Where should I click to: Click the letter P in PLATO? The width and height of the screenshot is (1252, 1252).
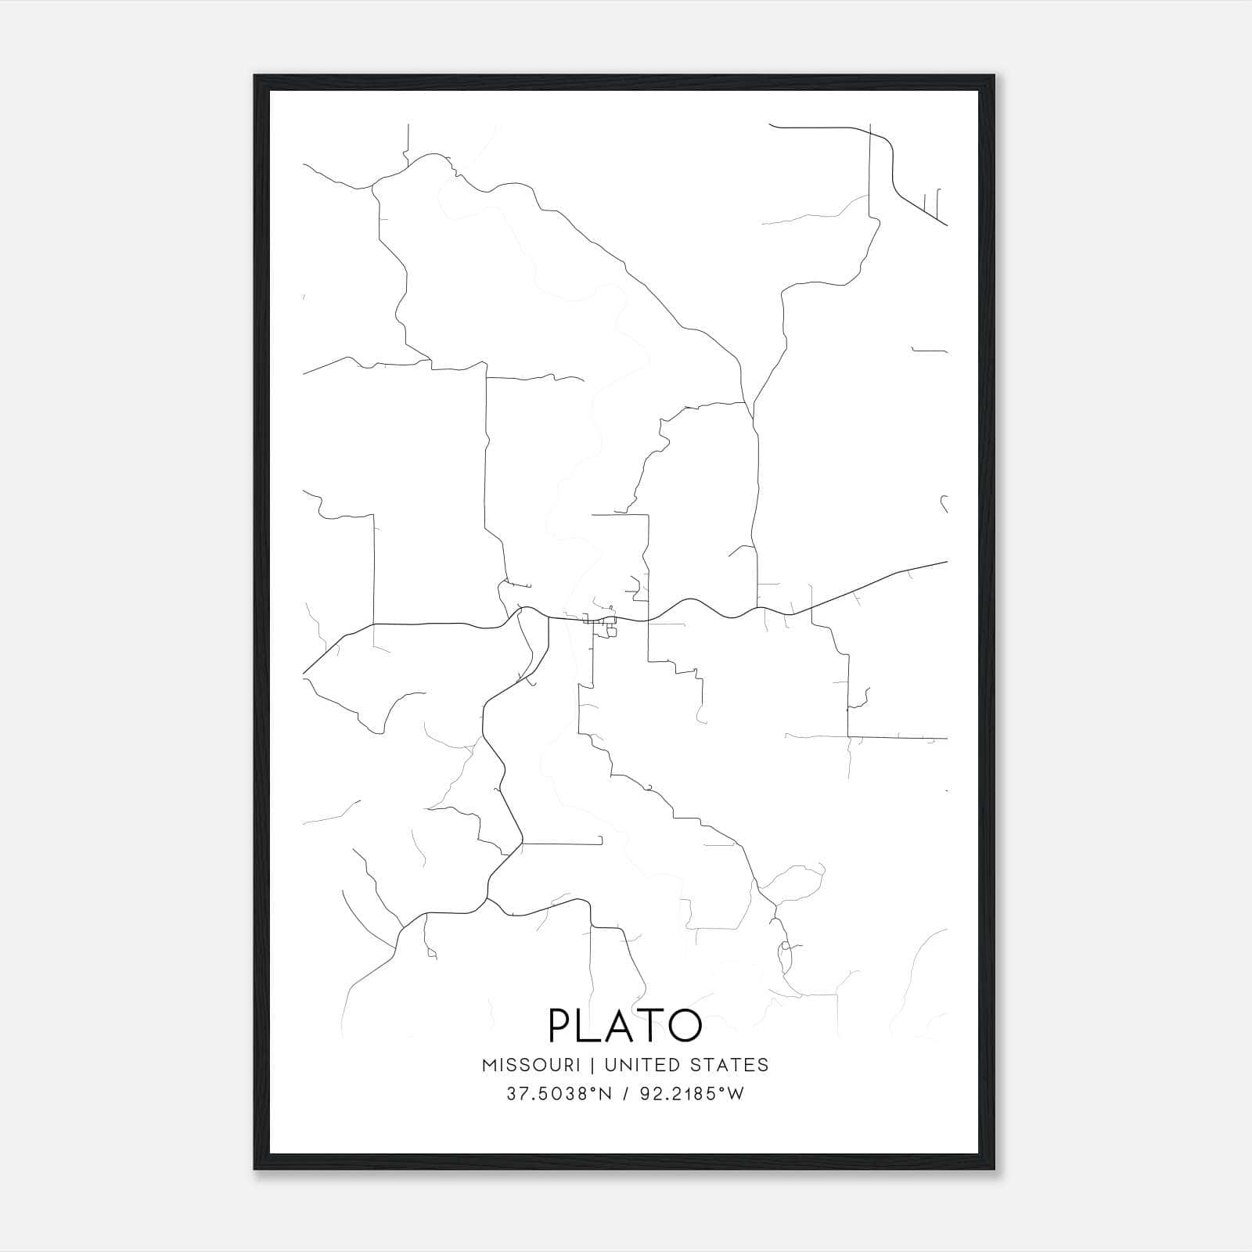(561, 1025)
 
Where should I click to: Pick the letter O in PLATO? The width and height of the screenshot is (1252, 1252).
(682, 1025)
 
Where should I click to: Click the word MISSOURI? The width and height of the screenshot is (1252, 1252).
(531, 1065)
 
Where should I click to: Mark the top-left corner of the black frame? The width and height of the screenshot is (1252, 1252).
(255, 76)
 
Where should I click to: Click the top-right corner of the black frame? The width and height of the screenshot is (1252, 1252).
(994, 76)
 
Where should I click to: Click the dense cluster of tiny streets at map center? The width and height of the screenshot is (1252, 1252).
(603, 624)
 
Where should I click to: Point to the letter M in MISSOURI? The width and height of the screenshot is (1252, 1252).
(491, 1065)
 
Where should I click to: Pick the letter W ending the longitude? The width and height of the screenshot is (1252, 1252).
(735, 1094)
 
